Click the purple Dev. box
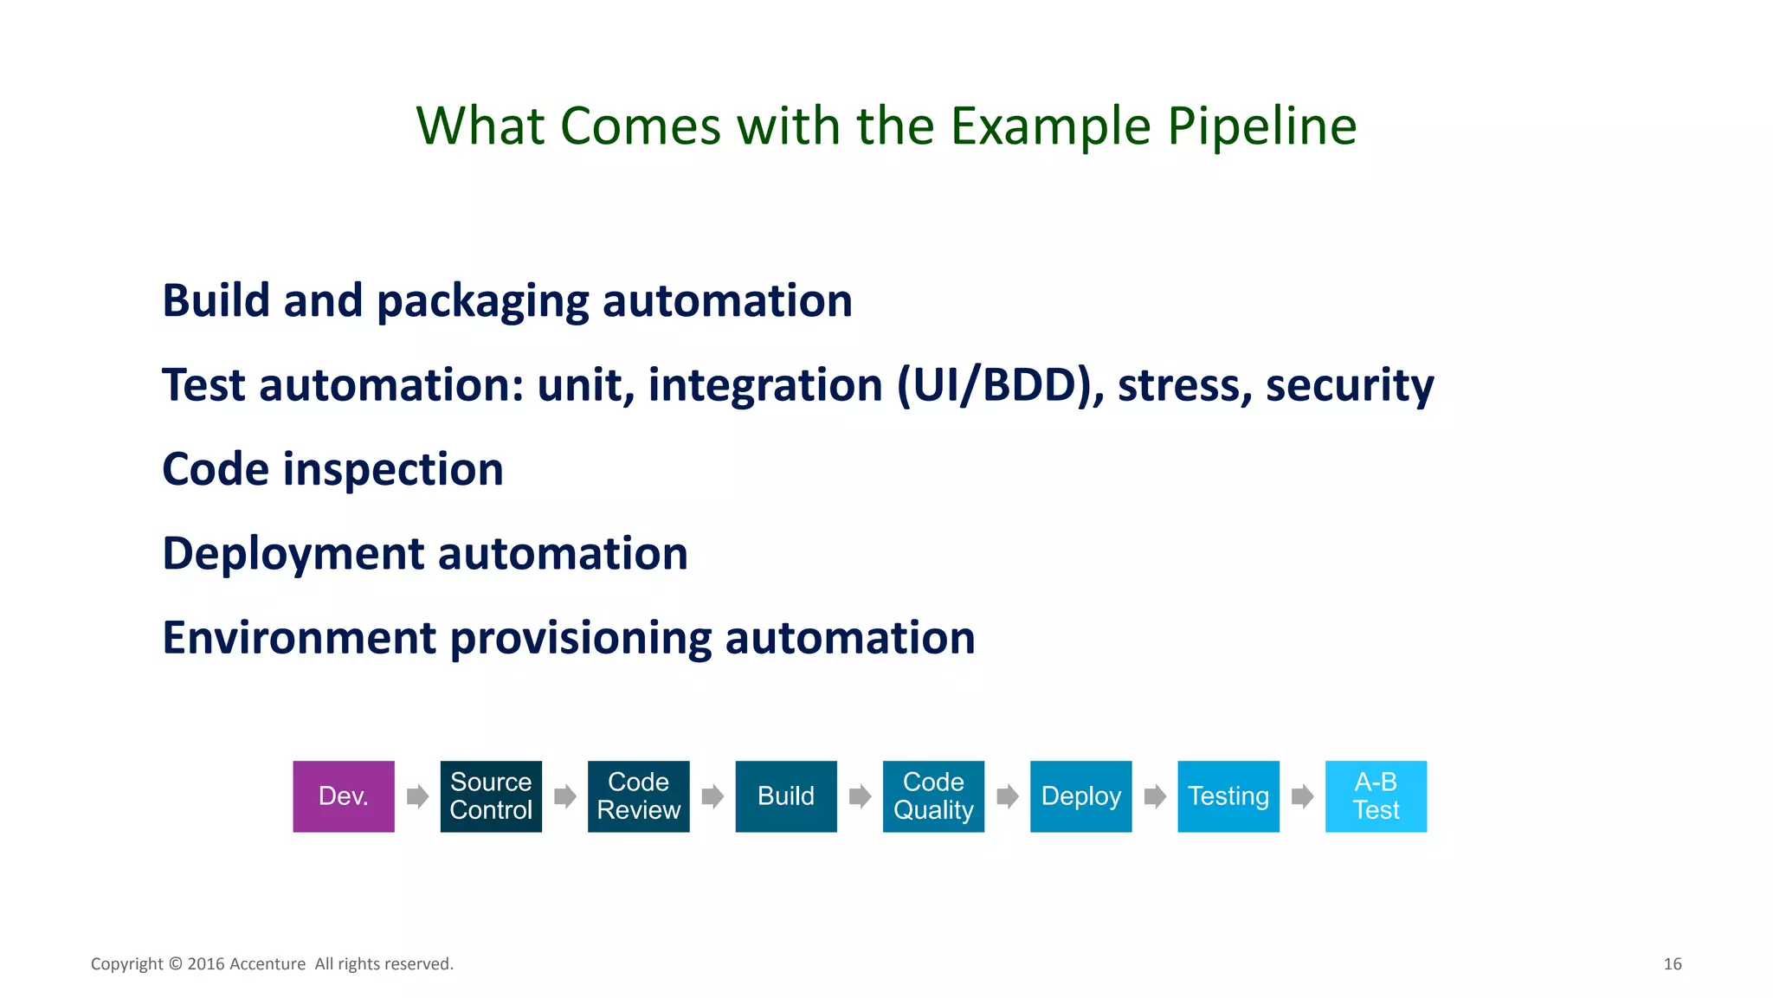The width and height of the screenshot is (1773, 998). (x=344, y=796)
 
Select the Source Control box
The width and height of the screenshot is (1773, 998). (x=491, y=796)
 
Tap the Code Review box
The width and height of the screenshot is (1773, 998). (x=639, y=796)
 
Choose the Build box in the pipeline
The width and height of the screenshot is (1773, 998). (x=786, y=796)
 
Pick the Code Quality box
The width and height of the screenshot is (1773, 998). (x=933, y=796)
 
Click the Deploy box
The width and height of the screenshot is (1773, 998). (x=1080, y=796)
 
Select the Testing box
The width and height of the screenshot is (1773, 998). (x=1228, y=796)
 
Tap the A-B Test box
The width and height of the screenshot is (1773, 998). (x=1376, y=796)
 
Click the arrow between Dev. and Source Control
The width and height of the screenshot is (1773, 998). (x=417, y=796)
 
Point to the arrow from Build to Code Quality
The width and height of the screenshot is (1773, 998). (x=860, y=796)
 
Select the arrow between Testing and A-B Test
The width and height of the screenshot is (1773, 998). (x=1302, y=796)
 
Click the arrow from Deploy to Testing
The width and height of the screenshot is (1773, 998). (x=1155, y=796)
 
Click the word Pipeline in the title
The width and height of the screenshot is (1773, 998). (x=1261, y=126)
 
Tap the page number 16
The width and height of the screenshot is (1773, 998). (x=1672, y=964)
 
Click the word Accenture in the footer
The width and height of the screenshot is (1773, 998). (x=268, y=964)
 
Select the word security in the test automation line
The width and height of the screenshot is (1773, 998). (x=1350, y=385)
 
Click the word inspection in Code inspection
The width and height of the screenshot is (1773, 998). (x=393, y=470)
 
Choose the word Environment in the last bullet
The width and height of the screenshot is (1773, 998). (x=299, y=638)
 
